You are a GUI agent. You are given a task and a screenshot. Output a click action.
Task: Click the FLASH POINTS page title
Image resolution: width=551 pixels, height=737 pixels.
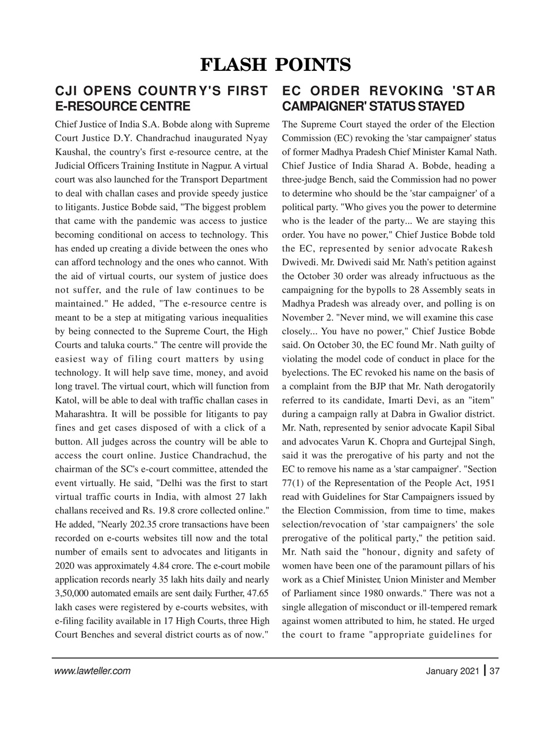(275, 65)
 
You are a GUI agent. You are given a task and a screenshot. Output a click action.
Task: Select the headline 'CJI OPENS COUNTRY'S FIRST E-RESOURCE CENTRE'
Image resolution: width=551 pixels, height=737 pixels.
(161, 98)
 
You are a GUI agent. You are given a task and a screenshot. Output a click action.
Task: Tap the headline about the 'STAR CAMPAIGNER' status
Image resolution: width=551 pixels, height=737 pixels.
(389, 98)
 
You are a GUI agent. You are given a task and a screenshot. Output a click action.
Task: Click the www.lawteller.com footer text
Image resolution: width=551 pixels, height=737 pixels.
(92, 671)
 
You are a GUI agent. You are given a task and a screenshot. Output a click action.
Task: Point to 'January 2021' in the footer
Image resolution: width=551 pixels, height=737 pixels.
(452, 671)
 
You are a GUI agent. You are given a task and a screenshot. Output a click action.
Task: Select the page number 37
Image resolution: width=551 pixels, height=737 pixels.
(493, 671)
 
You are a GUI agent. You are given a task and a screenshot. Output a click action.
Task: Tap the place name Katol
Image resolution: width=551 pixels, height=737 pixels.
(67, 400)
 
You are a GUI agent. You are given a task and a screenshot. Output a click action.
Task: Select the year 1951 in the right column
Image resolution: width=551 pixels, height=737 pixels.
(482, 483)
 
